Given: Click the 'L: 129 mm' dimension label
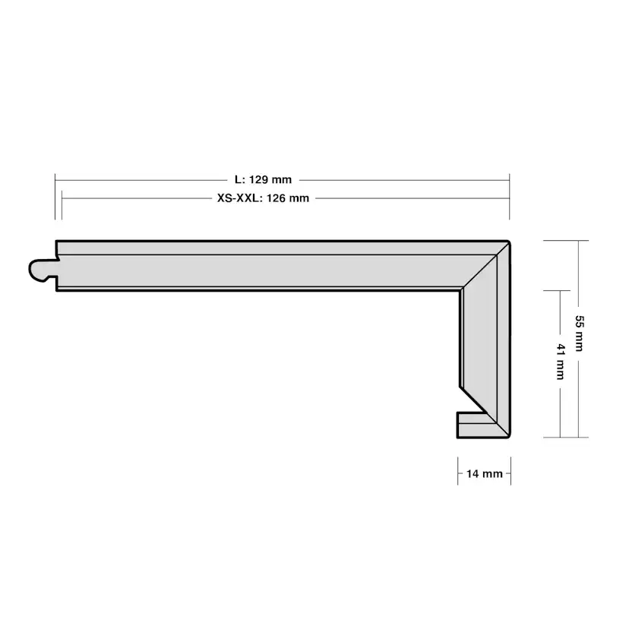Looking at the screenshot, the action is [263, 180].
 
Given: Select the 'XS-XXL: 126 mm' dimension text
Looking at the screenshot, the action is [263, 198].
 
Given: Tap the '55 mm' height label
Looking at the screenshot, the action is [580, 333].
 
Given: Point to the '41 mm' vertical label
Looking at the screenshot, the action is [561, 361].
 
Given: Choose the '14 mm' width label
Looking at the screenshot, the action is [485, 474].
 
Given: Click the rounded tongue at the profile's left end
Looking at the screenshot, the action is [42, 270].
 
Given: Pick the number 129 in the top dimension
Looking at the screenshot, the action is [258, 180].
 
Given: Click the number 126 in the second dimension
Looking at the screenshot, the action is [276, 198].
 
